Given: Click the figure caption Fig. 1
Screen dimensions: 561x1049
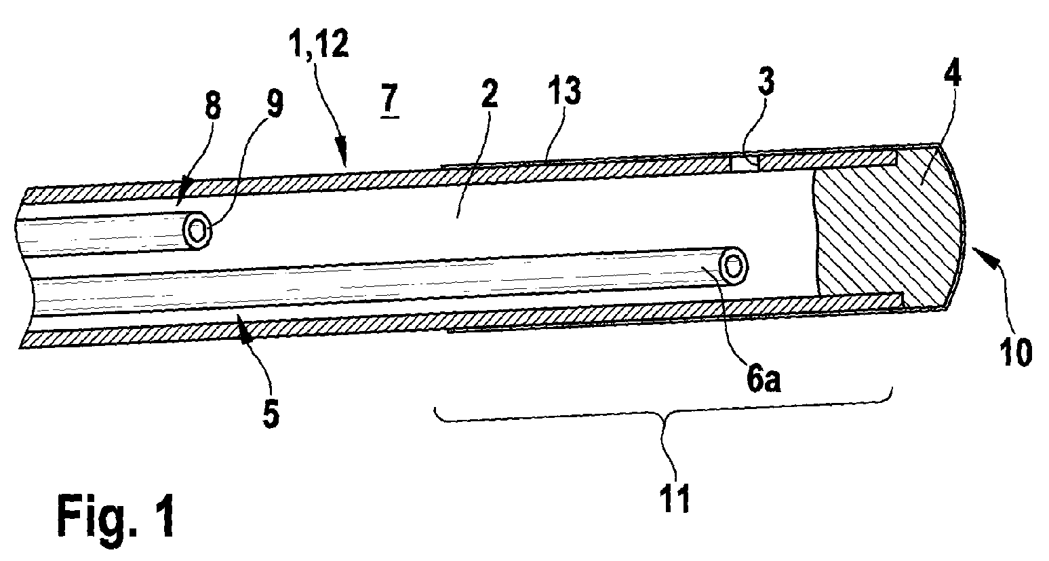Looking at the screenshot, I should (116, 517).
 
